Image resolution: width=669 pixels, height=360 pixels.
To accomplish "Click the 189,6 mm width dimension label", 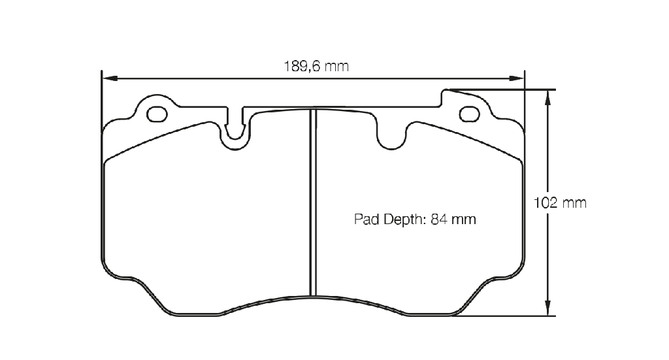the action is [x=316, y=67].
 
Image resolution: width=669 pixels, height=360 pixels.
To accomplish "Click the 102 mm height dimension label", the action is [x=560, y=203].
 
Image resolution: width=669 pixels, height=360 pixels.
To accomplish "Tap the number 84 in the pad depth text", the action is [x=438, y=220].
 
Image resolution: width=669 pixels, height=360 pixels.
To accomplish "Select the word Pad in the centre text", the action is [x=367, y=220].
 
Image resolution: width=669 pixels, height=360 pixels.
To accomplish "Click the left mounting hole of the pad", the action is [x=157, y=114].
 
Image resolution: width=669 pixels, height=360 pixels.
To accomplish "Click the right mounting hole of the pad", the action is [x=469, y=114].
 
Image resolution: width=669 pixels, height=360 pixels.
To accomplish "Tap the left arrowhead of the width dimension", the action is [x=110, y=78].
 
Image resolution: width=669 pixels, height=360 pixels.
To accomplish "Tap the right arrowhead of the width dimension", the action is [x=516, y=78].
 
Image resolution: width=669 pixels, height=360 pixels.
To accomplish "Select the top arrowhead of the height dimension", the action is [x=548, y=98].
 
